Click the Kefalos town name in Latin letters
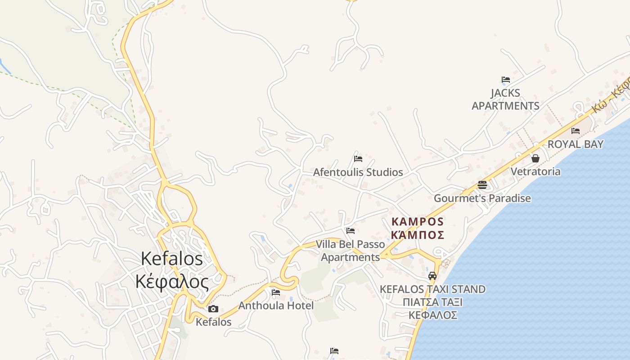tap(172, 259)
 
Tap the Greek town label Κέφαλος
tap(172, 282)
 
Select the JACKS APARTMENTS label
tap(505, 99)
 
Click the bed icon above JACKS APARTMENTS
tap(506, 80)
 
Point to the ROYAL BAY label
tap(575, 144)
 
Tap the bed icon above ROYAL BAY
tap(576, 131)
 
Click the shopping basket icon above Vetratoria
tap(535, 158)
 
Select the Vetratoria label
tap(535, 171)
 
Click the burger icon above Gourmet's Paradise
tap(482, 185)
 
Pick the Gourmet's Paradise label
tap(482, 198)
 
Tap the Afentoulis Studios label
tap(358, 172)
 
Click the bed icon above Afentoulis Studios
tap(358, 158)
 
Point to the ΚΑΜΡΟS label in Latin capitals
tap(418, 222)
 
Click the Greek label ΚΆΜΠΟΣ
tap(418, 235)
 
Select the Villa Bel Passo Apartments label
tap(351, 251)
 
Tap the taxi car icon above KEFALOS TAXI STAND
tap(432, 275)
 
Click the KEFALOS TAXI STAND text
tap(433, 289)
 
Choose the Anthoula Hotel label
tap(276, 306)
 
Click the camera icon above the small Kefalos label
tap(213, 309)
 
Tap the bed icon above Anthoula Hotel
tap(276, 292)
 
